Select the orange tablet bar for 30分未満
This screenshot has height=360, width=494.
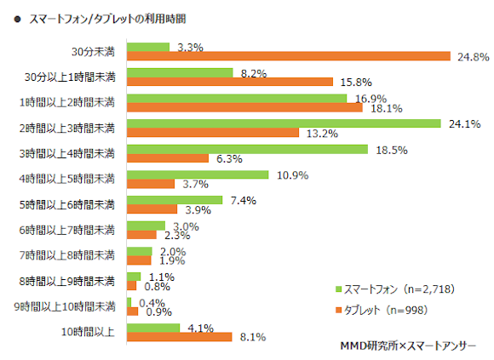coord(289,57)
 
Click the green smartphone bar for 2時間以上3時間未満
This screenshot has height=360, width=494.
coord(283,123)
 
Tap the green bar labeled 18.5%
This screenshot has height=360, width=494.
coord(247,149)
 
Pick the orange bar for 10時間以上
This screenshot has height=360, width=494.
coord(179,337)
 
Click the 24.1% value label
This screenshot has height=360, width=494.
coord(465,123)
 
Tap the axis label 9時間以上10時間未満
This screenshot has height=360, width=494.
coord(68,306)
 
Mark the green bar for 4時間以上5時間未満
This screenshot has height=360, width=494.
coord(198,174)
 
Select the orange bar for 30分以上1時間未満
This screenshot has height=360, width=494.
coord(229,83)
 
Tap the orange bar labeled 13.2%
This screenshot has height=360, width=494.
coord(213,133)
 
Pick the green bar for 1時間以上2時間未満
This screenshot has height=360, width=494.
coord(237,98)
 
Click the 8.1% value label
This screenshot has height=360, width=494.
coord(251,337)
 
